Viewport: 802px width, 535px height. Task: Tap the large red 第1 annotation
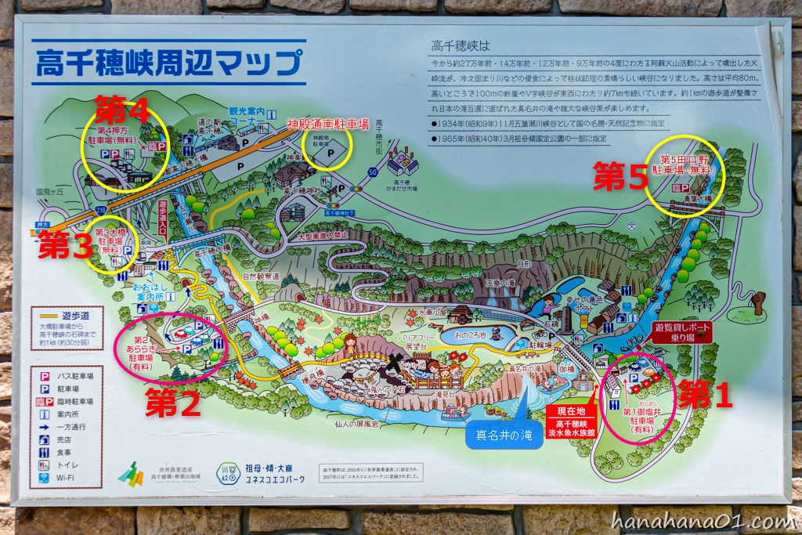pyautogui.click(x=706, y=396)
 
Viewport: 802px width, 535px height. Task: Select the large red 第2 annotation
pyautogui.click(x=173, y=403)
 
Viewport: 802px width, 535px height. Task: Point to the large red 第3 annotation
pyautogui.click(x=66, y=245)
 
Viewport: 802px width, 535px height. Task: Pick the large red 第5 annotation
pyautogui.click(x=621, y=178)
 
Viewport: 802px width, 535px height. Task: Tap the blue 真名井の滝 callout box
pyautogui.click(x=504, y=436)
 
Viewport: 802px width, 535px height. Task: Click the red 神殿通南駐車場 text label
pyautogui.click(x=328, y=124)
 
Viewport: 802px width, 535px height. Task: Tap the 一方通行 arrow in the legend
pyautogui.click(x=46, y=427)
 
